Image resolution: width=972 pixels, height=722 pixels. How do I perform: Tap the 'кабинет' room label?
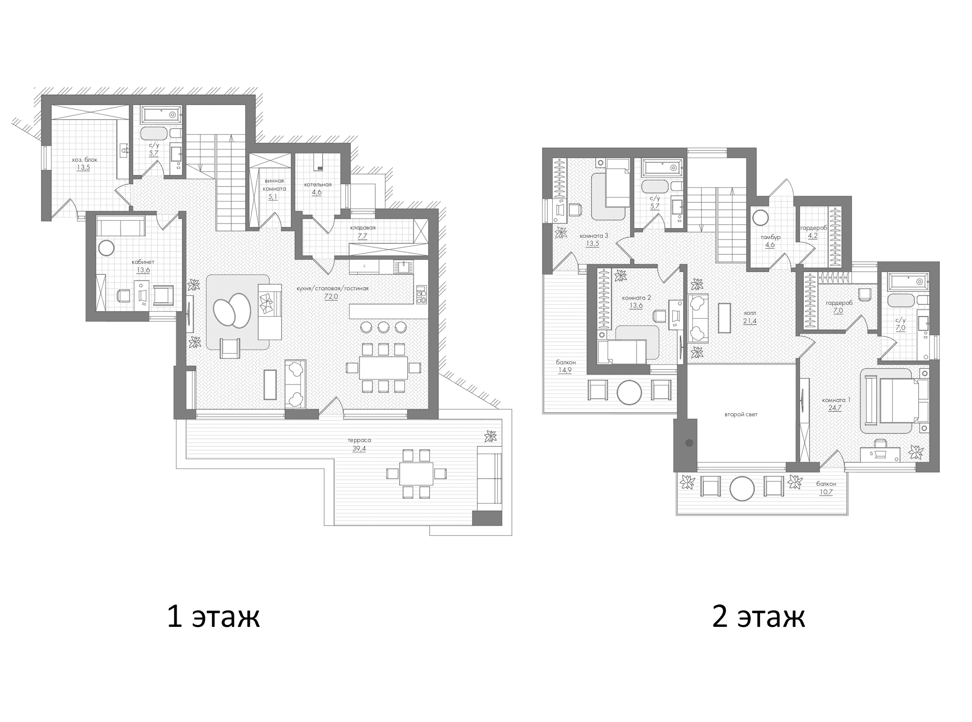143,262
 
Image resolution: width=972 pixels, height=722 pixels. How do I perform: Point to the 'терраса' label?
359,440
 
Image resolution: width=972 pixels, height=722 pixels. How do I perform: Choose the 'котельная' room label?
318,185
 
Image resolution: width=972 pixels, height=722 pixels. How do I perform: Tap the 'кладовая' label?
363,228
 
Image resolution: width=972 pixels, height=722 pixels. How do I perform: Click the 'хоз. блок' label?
84,160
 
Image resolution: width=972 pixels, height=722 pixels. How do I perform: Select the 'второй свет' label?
741,414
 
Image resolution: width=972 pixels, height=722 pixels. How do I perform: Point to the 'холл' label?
750,313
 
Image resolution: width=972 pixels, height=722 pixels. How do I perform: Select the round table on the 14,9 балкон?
630,393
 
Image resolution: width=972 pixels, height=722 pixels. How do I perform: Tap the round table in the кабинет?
106,248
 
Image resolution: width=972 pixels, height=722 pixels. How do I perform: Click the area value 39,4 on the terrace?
359,449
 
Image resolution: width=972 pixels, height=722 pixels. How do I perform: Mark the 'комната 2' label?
636,298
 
